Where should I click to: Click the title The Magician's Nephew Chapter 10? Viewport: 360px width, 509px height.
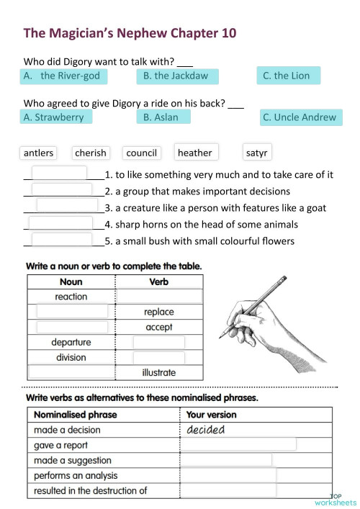tap(130, 33)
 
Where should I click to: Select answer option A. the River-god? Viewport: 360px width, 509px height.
tap(63, 76)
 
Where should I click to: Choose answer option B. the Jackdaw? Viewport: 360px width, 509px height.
tap(176, 76)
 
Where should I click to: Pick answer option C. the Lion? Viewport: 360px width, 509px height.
tap(288, 76)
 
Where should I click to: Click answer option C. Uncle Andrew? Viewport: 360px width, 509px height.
tap(299, 117)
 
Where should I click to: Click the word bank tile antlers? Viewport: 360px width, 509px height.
tap(39, 153)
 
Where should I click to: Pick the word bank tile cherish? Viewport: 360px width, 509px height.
tap(91, 153)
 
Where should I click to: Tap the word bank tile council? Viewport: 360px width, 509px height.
tap(141, 153)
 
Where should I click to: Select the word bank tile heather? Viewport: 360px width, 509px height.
tap(195, 153)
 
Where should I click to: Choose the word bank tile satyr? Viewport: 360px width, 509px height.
tap(257, 153)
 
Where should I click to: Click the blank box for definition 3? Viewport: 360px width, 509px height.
tap(66, 207)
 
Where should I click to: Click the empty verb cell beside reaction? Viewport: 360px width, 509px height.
tap(159, 297)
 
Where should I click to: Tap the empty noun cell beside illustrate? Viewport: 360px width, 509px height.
tap(71, 372)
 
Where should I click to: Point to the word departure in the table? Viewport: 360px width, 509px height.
tap(71, 342)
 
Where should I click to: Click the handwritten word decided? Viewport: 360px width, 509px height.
tap(206, 430)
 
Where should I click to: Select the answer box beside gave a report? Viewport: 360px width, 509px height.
tap(238, 445)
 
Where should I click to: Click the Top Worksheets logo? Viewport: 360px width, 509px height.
tap(336, 500)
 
